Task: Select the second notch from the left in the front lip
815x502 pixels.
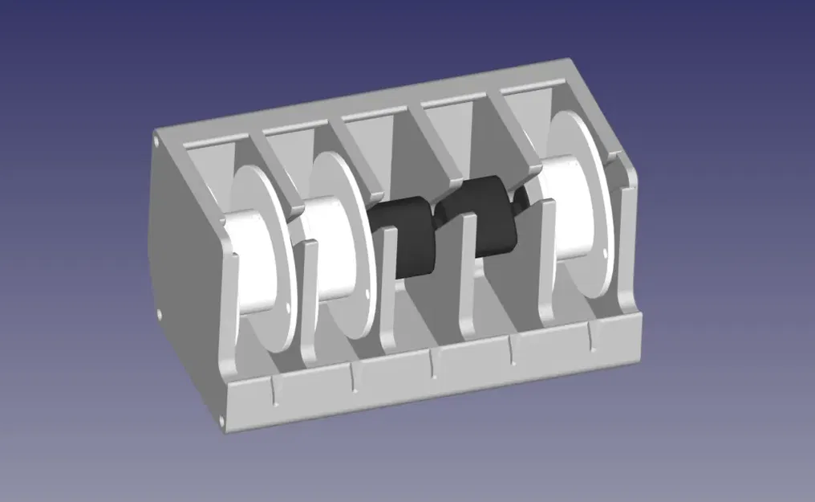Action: pyautogui.click(x=353, y=378)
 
